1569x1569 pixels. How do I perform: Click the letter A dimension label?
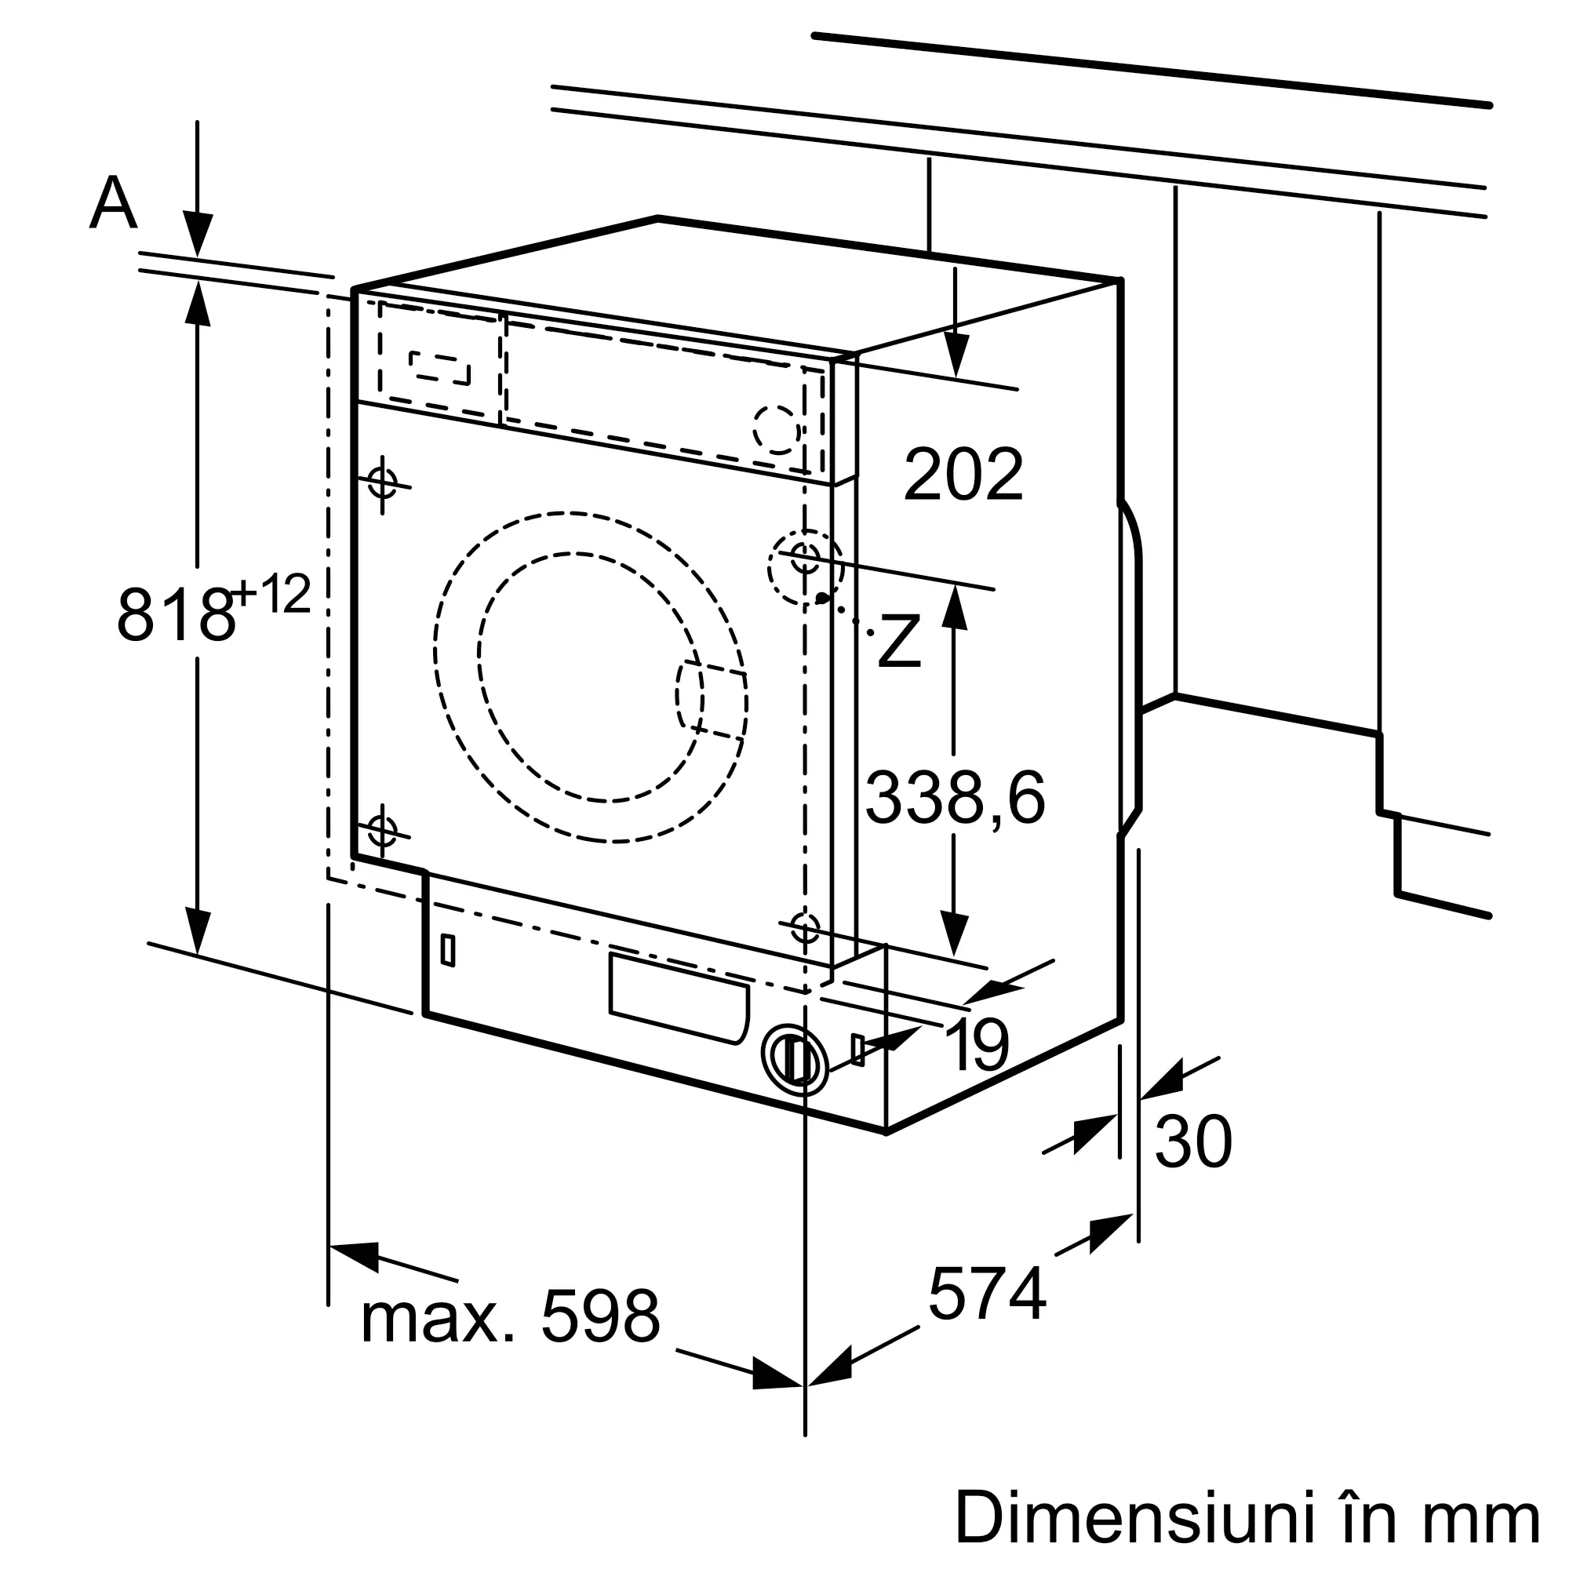coord(113,203)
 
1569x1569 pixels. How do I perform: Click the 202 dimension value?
coord(963,476)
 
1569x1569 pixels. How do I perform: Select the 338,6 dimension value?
coord(955,799)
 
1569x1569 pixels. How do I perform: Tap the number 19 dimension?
coord(977,1045)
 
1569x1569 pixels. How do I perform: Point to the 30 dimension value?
coord(1193,1143)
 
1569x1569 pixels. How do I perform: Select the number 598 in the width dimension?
coord(600,1317)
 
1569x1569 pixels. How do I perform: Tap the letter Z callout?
coord(899,643)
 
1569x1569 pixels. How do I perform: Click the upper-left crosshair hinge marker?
coord(382,482)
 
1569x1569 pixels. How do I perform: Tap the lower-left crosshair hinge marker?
coord(382,830)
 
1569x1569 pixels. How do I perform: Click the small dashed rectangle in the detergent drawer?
coord(440,367)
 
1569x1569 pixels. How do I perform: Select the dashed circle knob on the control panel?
coord(777,428)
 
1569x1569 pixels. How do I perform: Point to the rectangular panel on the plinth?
coord(679,998)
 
